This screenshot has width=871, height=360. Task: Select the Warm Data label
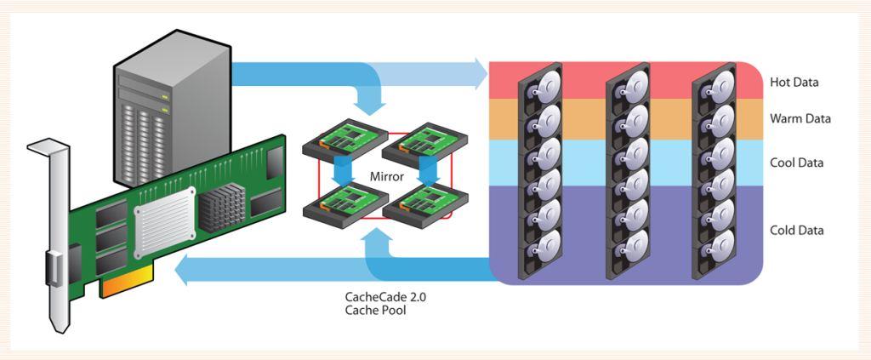point(800,118)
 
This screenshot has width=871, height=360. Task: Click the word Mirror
point(386,177)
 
